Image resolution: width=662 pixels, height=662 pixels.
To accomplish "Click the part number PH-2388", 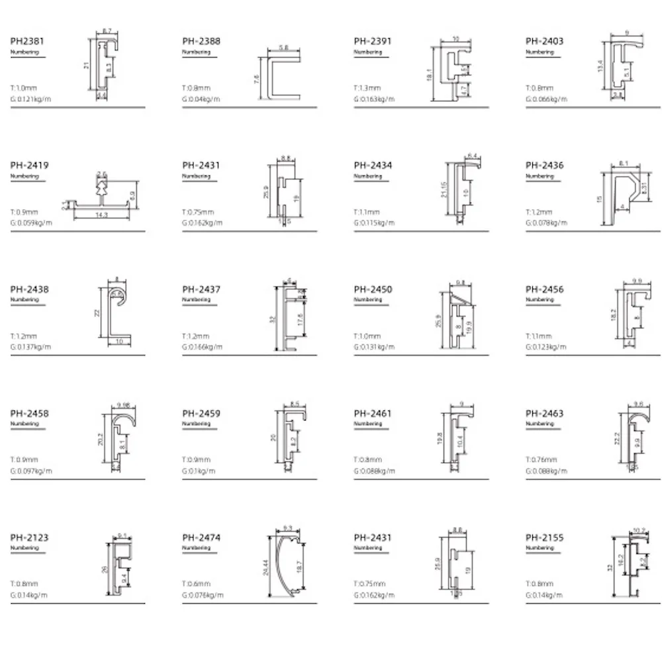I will pos(201,41).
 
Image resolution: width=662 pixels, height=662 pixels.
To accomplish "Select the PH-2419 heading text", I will pos(29,165).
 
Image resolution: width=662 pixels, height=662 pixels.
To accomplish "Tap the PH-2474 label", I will pos(201,538).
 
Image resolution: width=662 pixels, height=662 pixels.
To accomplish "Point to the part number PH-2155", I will pos(545,538).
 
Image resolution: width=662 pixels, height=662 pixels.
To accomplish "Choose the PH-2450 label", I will pos(373,289).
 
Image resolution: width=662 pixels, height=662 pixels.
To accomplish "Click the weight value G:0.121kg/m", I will pos(31,99).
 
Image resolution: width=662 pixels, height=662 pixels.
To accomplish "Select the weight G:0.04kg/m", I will pos(201,99).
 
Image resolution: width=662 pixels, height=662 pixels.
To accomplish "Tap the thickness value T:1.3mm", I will pos(367,87).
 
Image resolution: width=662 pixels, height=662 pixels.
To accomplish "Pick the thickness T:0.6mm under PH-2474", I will pos(196,583).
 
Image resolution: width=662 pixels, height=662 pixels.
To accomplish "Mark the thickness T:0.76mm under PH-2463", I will pos(541,459).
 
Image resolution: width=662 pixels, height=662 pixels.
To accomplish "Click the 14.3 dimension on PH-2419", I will pos(101,216).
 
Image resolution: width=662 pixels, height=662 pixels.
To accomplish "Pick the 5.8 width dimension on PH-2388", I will pos(283,48).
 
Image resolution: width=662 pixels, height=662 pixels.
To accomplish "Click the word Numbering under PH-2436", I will pos(540,177).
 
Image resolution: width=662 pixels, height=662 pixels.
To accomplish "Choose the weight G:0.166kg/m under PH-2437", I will pos(203,347).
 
